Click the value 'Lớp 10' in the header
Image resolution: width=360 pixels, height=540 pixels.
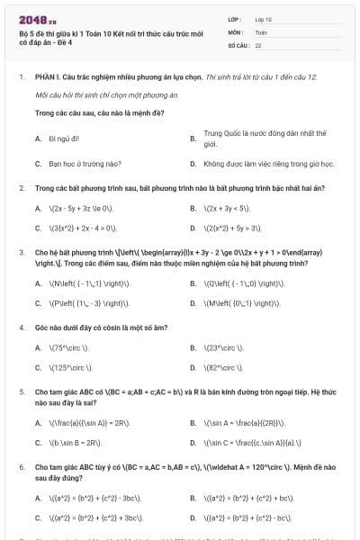(263, 19)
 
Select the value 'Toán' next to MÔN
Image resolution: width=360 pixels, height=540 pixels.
(261, 31)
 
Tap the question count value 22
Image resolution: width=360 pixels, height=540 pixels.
(258, 44)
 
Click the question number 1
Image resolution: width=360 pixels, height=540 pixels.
(21, 77)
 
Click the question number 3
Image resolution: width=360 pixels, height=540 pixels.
(21, 254)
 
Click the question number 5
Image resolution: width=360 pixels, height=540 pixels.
(21, 392)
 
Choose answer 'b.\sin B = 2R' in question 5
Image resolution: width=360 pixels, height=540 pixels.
(75, 444)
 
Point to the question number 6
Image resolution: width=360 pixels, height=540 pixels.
(21, 468)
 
